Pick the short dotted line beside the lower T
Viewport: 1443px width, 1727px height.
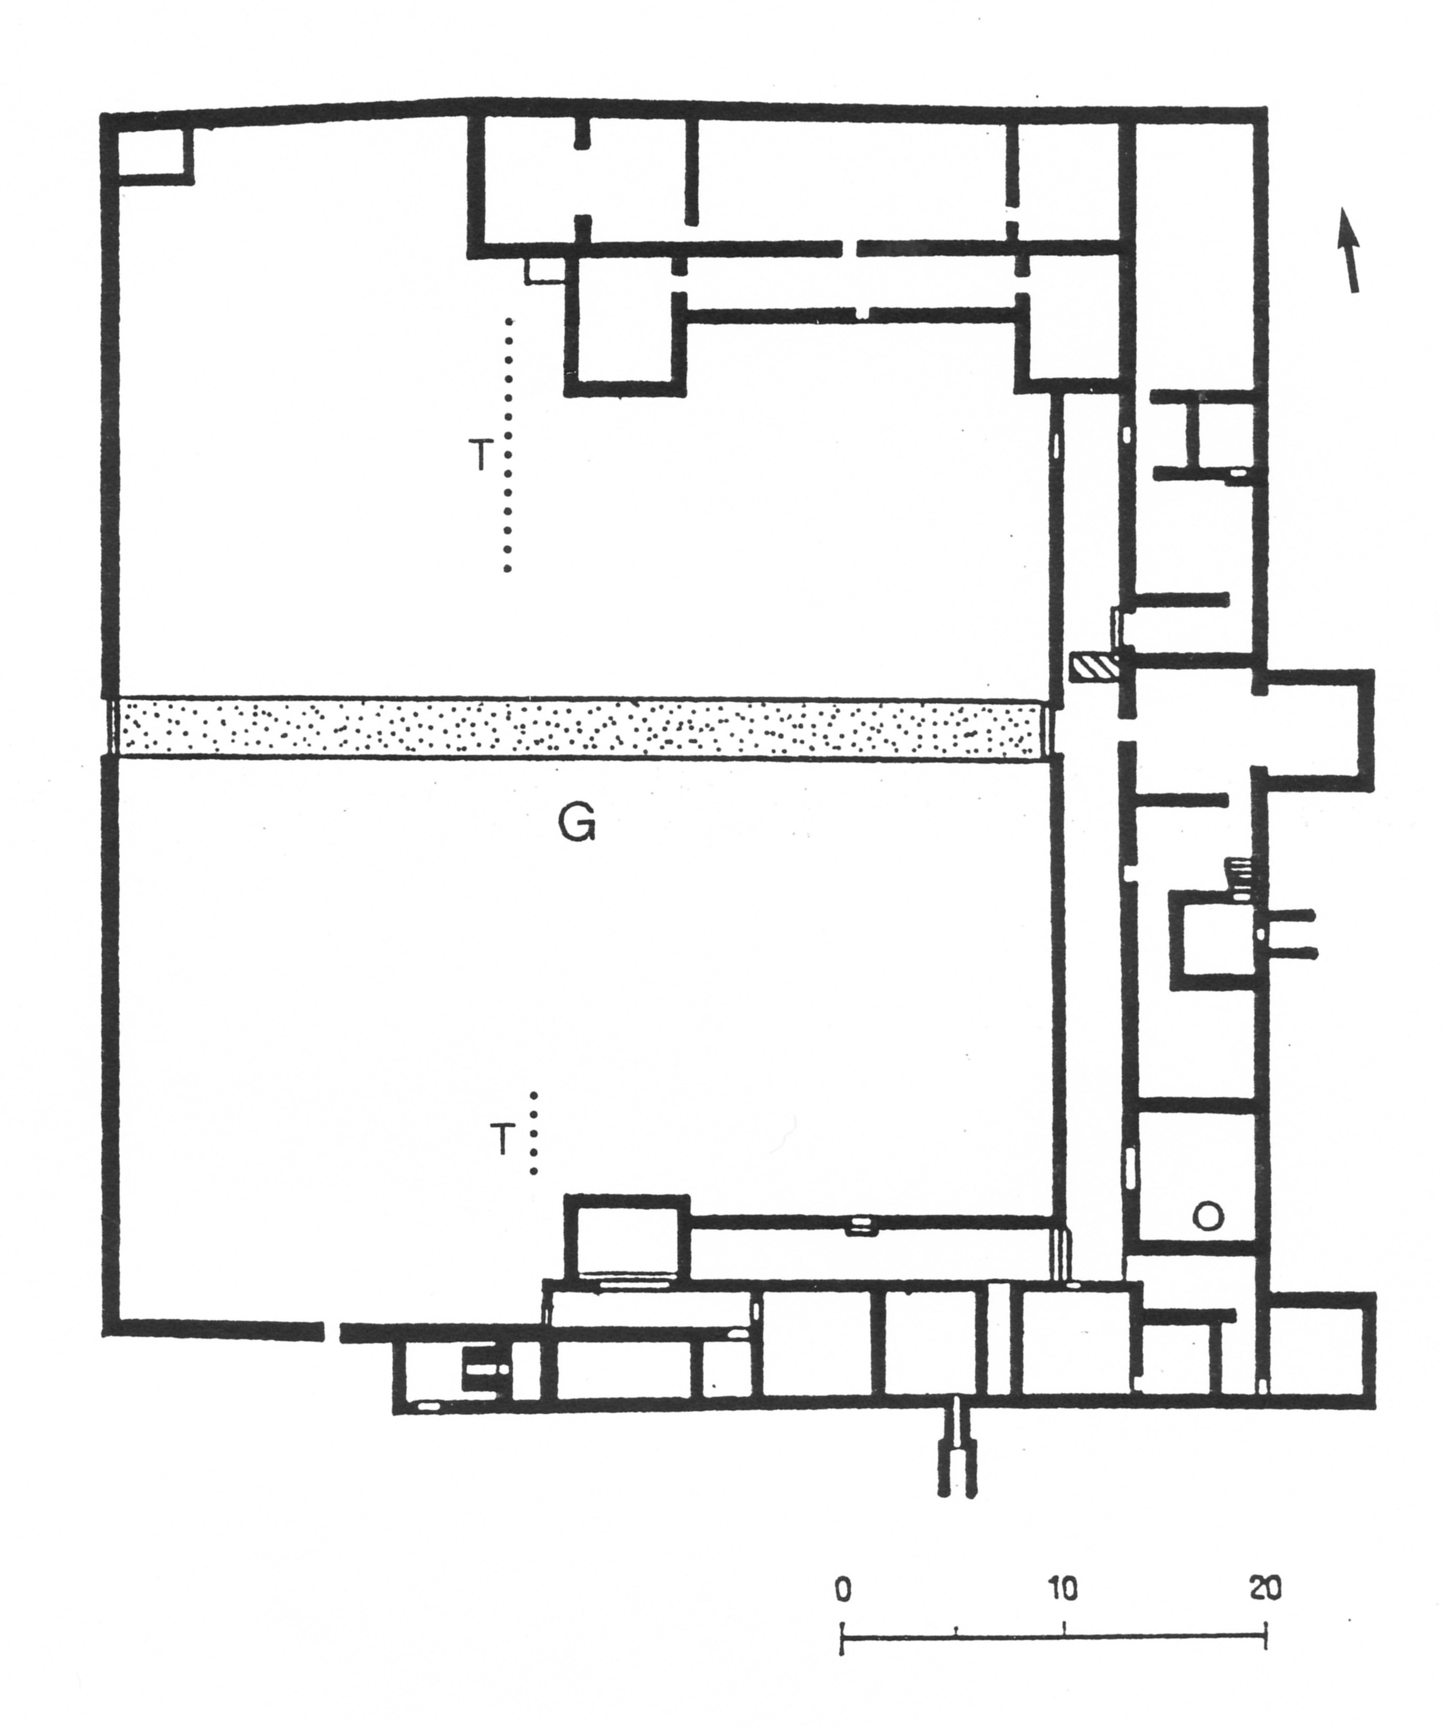(x=533, y=1133)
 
